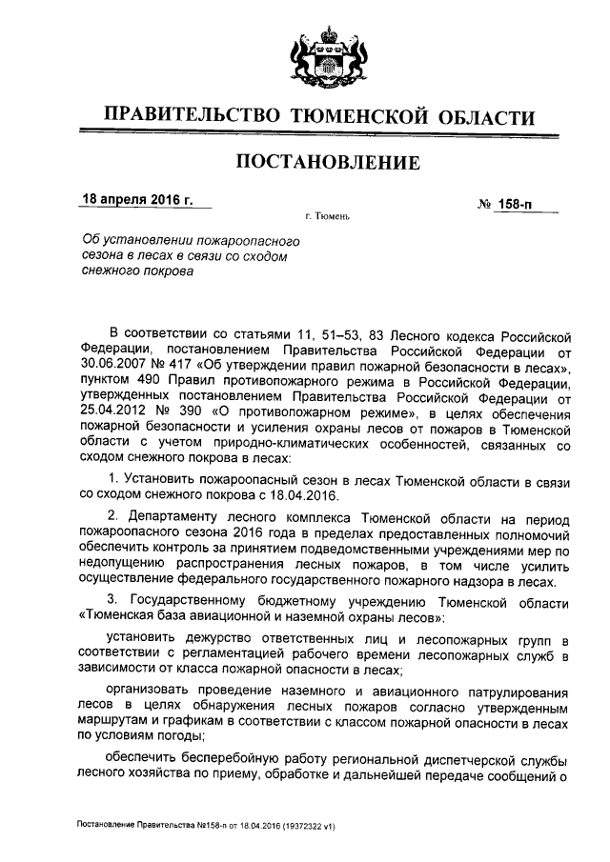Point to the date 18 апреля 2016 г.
136,202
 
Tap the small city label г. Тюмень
329,217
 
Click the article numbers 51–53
308,335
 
